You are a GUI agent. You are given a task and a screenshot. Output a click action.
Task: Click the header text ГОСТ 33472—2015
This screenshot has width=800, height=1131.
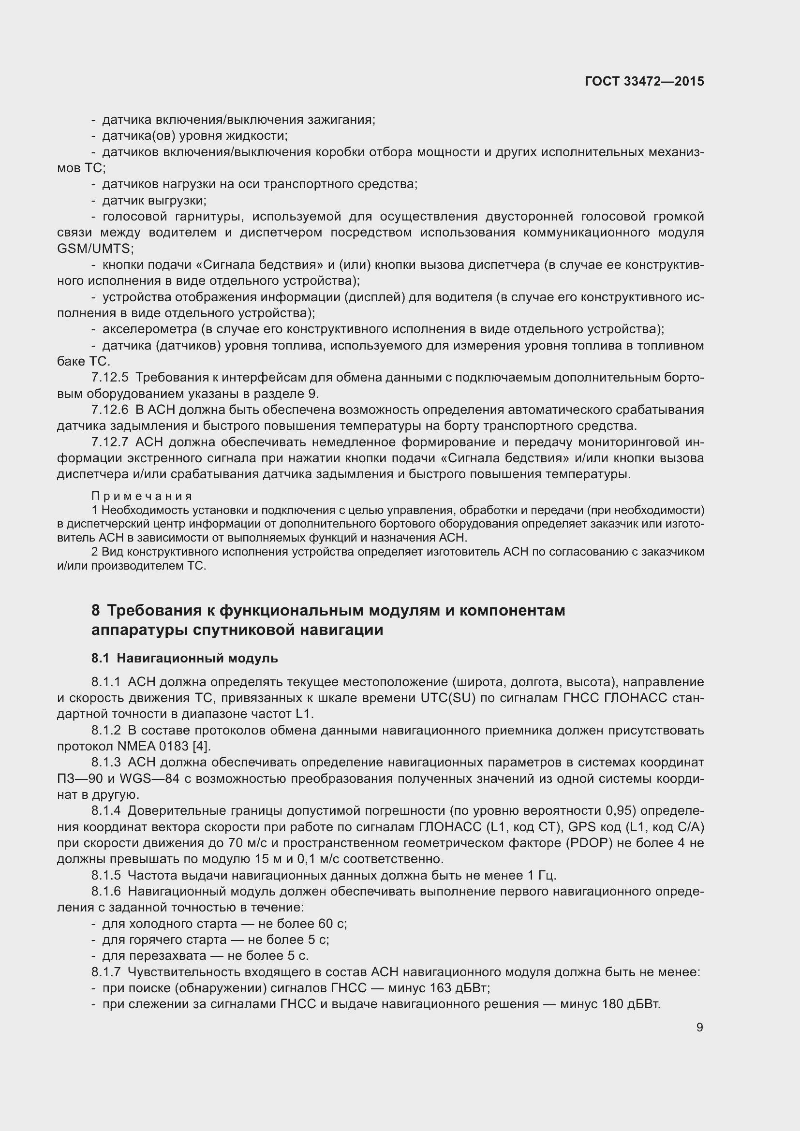click(x=644, y=81)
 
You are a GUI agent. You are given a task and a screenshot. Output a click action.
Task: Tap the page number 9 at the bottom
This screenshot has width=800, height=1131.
click(x=699, y=1027)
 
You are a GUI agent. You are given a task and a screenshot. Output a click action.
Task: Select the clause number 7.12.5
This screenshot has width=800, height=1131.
click(x=109, y=378)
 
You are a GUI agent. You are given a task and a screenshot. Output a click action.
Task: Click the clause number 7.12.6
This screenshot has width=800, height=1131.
click(x=109, y=410)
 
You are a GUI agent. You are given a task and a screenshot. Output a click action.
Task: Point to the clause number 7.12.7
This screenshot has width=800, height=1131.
click(x=109, y=442)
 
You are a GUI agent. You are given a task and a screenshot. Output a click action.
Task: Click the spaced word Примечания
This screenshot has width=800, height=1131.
click(x=142, y=496)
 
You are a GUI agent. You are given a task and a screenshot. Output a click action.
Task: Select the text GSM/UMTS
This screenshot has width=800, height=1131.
click(x=94, y=248)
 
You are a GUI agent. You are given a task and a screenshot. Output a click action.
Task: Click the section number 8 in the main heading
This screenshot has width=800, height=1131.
click(x=96, y=610)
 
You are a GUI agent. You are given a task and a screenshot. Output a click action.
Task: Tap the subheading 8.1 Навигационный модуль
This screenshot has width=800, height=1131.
click(x=185, y=658)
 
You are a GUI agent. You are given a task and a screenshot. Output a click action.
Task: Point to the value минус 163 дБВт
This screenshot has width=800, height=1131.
click(x=438, y=988)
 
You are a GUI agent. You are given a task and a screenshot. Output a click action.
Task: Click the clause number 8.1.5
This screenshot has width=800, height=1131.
click(x=106, y=875)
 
